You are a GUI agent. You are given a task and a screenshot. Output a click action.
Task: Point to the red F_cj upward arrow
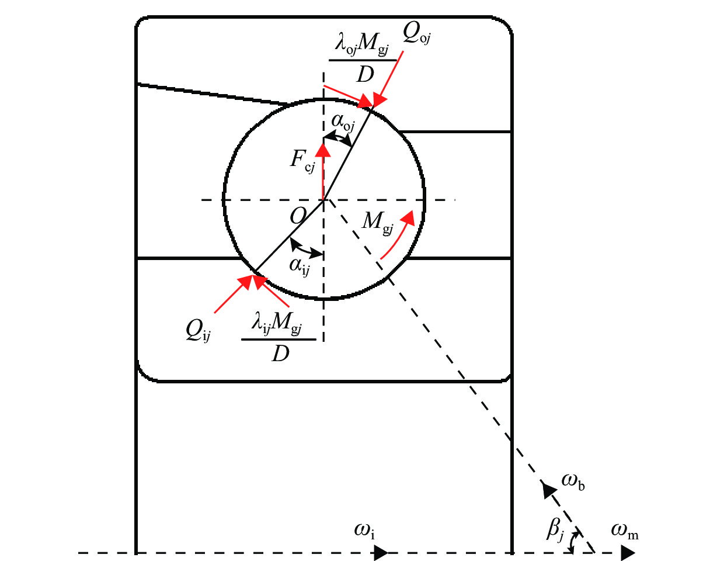[x=323, y=169]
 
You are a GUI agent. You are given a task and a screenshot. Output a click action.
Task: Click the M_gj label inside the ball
[x=378, y=221]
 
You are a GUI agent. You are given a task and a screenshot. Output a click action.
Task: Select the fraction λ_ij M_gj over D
[x=279, y=339]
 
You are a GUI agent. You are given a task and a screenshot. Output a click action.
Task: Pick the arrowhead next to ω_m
[x=628, y=552]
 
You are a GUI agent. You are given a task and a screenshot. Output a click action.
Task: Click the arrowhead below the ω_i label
[x=381, y=552]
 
